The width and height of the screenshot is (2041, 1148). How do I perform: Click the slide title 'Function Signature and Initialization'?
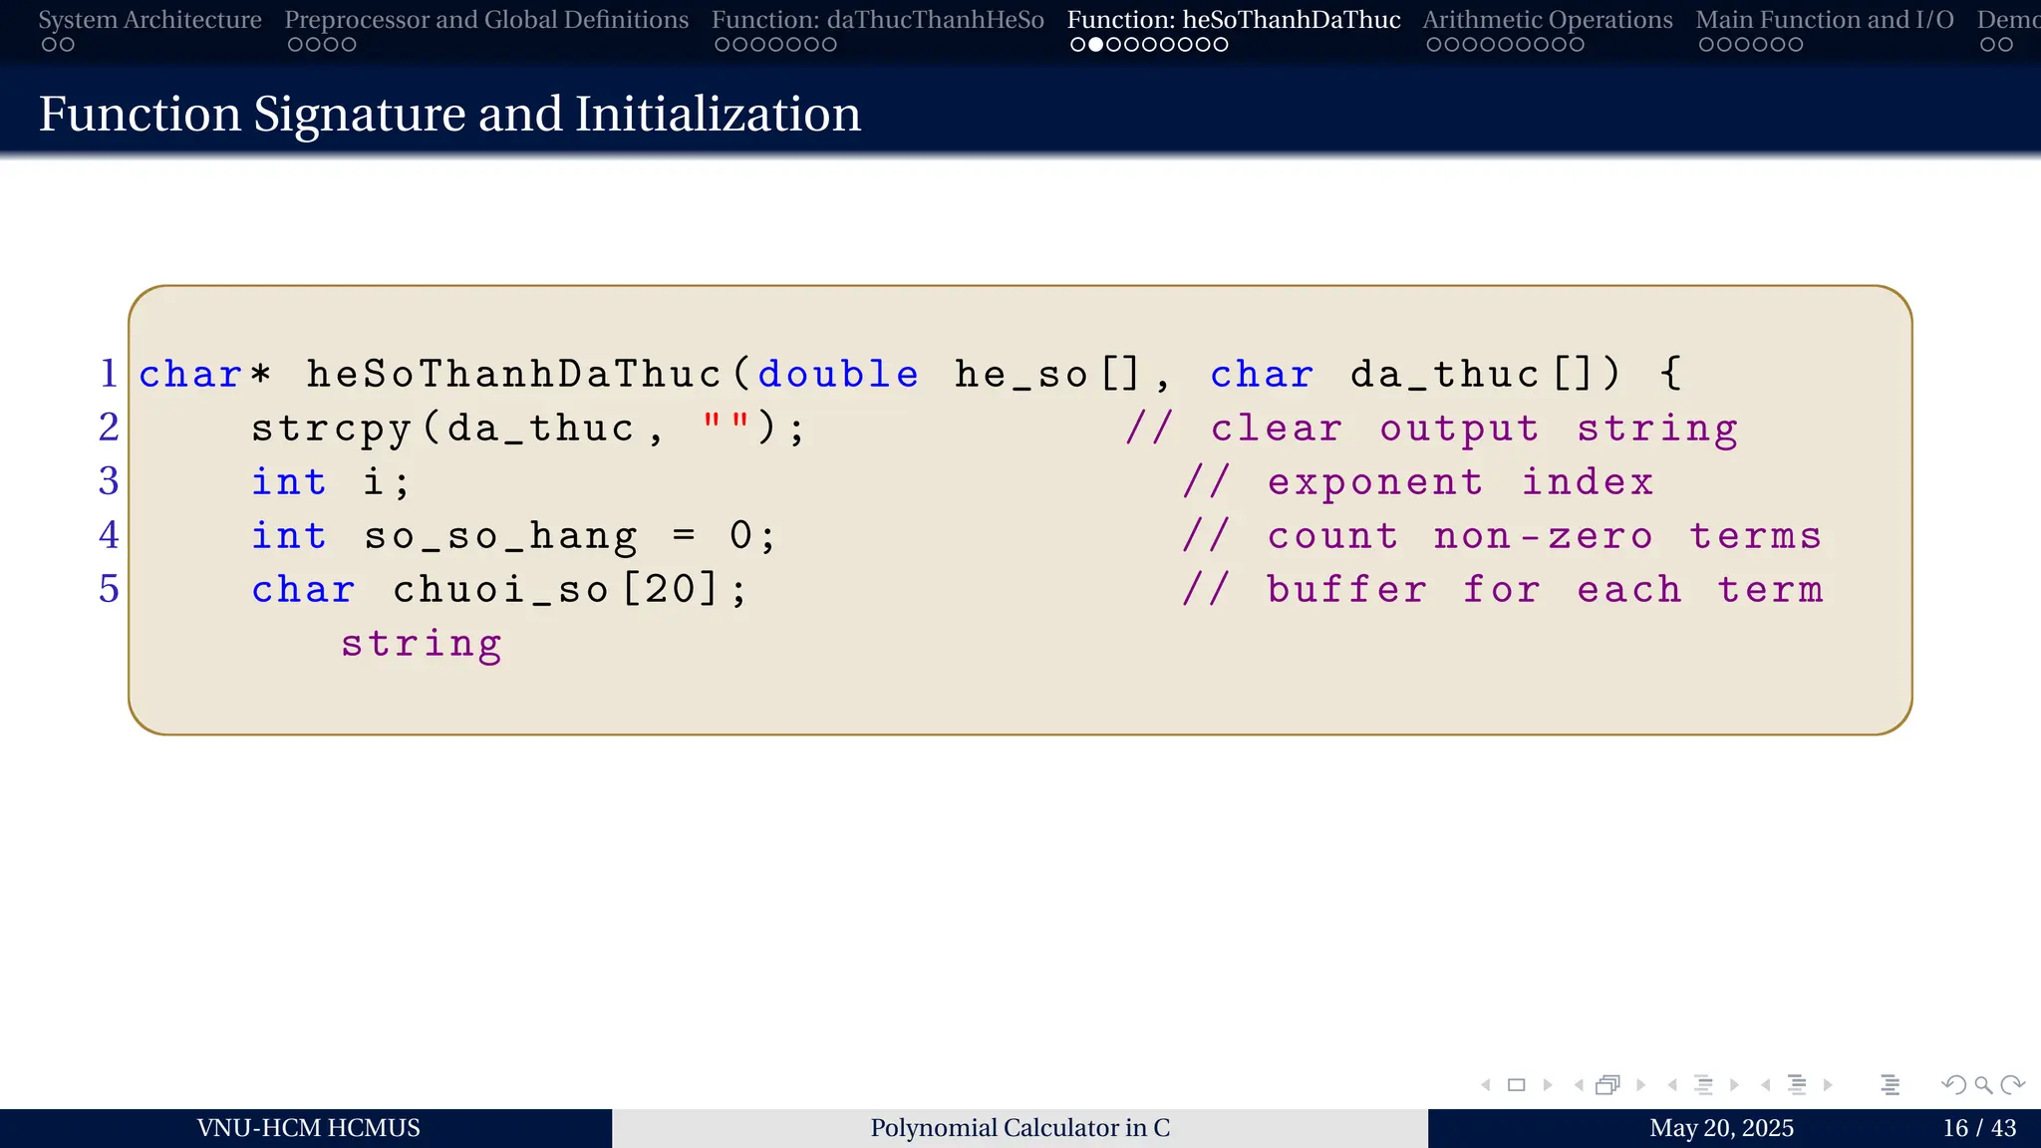[449, 114]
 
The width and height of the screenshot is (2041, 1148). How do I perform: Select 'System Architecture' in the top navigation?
[149, 20]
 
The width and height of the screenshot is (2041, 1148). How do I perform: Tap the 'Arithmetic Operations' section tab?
[1547, 20]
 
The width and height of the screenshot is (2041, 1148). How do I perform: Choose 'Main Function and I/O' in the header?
[1824, 20]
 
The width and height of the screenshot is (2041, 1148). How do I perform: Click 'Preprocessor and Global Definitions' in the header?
[486, 20]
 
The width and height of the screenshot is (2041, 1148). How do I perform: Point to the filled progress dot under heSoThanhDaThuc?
[1095, 45]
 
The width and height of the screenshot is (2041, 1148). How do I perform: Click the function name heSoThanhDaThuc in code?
[514, 375]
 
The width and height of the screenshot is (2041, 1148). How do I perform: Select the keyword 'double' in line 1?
[838, 375]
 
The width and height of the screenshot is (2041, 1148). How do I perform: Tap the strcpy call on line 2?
[331, 429]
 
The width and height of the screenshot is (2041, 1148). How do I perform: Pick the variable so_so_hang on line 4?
[500, 536]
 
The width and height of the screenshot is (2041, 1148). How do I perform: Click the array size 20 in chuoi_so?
[668, 590]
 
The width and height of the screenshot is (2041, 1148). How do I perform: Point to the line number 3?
[109, 482]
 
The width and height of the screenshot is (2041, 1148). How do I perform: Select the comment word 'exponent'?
[1374, 482]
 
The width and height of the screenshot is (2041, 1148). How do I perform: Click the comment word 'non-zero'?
[1543, 536]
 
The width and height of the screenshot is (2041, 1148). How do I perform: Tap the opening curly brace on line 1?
[1671, 375]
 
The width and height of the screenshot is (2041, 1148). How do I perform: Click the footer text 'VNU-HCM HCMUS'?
[308, 1128]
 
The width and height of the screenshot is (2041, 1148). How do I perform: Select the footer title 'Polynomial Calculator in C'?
[1020, 1128]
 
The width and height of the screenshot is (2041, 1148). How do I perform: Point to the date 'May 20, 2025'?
[1721, 1128]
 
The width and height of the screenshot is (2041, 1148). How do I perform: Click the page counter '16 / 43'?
[1978, 1128]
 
